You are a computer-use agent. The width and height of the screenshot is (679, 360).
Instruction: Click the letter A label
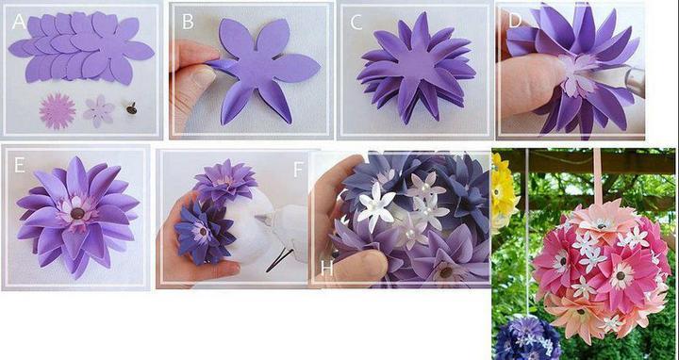[x=20, y=22]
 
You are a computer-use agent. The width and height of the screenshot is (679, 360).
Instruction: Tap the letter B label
[x=188, y=21]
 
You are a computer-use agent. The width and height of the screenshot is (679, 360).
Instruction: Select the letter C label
[x=356, y=23]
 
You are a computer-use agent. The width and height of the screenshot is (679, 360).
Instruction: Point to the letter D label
[x=515, y=21]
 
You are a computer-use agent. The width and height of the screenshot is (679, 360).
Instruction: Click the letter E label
[x=19, y=165]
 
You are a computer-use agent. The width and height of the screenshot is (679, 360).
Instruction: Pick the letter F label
[x=298, y=170]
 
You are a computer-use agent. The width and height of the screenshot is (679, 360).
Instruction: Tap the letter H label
[x=327, y=269]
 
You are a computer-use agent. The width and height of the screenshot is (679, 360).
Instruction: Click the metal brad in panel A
[x=131, y=108]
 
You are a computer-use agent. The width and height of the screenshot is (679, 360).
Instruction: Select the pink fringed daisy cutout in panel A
[x=58, y=111]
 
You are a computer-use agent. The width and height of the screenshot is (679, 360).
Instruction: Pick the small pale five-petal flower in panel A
[x=99, y=111]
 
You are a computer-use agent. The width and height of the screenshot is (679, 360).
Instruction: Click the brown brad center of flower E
[x=77, y=213]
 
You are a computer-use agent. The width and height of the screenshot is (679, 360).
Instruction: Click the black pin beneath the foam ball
[x=280, y=260]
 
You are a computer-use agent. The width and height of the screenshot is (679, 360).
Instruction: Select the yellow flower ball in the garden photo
[x=505, y=190]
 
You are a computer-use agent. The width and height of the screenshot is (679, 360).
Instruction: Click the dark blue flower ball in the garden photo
[x=527, y=338]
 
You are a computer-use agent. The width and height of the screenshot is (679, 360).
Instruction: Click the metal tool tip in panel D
[x=634, y=82]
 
